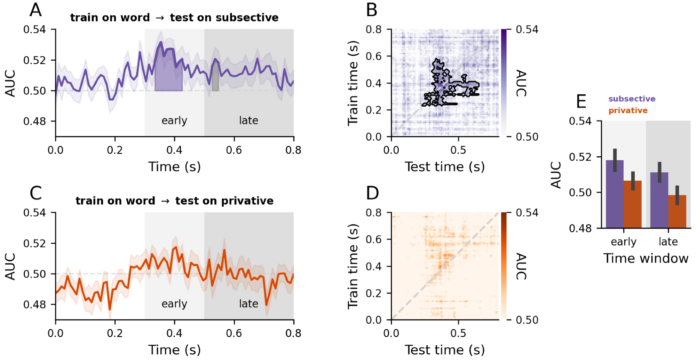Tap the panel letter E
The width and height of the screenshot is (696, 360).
581,102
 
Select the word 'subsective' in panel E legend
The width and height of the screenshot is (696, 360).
632,99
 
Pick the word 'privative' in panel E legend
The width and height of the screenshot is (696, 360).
628,111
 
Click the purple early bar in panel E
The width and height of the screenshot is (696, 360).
615,195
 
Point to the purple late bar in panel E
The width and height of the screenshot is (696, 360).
659,201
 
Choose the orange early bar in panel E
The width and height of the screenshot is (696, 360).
633,205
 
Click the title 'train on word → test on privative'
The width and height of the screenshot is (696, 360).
174,201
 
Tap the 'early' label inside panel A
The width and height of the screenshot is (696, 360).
174,120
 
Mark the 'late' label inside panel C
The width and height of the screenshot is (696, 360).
248,304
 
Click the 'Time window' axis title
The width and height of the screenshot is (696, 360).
646,258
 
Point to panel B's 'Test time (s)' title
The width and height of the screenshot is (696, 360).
444,167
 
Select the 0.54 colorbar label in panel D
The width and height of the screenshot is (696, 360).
527,213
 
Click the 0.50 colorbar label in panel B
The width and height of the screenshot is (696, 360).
527,137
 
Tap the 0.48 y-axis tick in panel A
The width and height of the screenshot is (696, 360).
34,122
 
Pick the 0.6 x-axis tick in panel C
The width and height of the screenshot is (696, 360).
234,333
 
